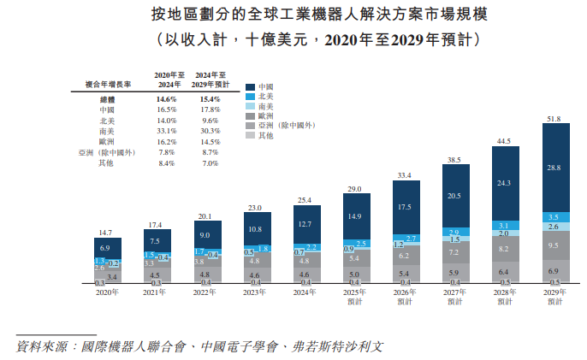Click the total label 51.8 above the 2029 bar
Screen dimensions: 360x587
click(554, 119)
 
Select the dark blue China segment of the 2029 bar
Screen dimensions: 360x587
click(554, 168)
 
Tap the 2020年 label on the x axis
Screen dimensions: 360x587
click(106, 292)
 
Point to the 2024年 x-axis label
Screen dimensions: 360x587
click(305, 292)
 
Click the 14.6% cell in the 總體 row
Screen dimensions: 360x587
click(166, 100)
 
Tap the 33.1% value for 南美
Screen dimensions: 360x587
click(166, 131)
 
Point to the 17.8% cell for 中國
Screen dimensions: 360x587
click(210, 110)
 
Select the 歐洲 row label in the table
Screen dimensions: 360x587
click(107, 141)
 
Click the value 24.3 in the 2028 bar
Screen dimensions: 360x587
click(505, 183)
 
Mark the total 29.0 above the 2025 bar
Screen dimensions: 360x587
click(355, 188)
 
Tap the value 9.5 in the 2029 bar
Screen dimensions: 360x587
click(554, 245)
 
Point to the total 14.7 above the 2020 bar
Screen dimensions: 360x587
click(106, 233)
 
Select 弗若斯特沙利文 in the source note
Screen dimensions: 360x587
click(338, 347)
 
